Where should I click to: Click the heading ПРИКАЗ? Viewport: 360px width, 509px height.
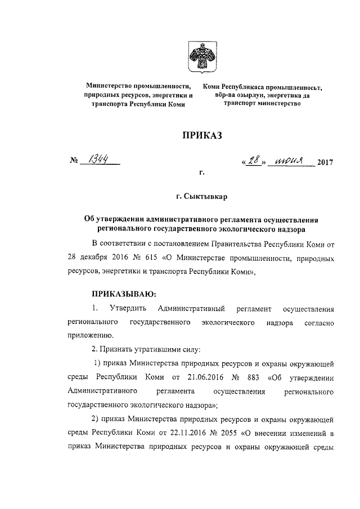202,135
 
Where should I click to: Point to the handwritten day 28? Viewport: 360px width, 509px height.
255,161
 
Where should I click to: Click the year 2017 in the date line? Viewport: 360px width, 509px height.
325,163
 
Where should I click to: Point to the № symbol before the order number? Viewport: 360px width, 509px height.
74,162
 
